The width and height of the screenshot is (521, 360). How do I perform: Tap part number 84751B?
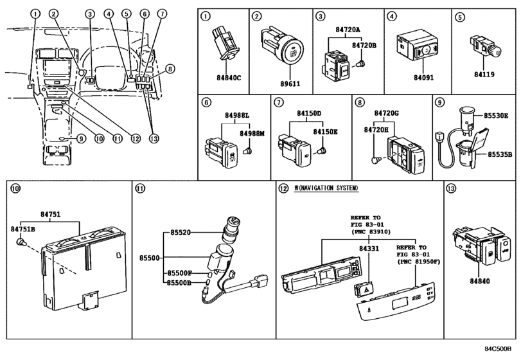point(22,228)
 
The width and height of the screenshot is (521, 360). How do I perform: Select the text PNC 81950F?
point(415,262)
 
